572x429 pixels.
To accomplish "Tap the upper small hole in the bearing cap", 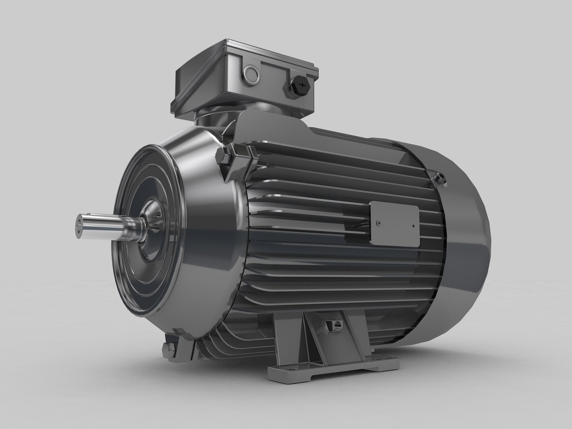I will pyautogui.click(x=158, y=215).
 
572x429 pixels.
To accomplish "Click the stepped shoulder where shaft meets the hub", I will pyautogui.click(x=133, y=226).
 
